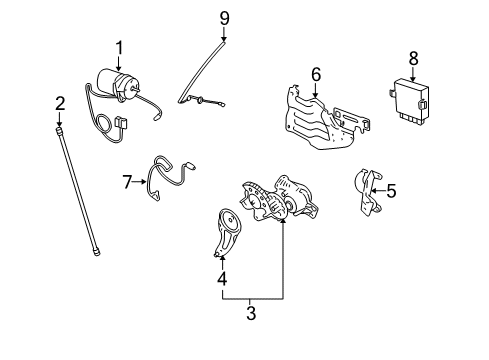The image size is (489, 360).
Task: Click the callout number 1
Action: [120, 48]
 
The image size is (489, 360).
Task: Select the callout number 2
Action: [60, 103]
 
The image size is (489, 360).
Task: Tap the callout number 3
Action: [251, 313]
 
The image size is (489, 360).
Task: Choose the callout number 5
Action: [391, 191]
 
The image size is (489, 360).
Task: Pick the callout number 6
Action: [316, 74]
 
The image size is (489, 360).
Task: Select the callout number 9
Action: [225, 17]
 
